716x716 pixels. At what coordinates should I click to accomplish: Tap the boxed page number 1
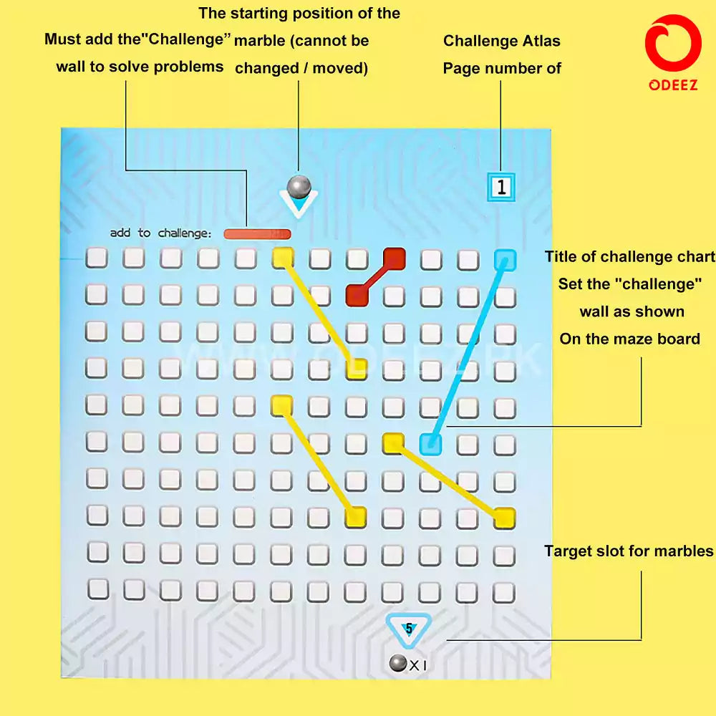[502, 187]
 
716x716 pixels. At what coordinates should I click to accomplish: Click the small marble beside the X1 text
[398, 664]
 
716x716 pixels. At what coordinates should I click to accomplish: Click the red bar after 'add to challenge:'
[257, 233]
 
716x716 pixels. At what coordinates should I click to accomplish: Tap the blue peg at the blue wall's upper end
[505, 259]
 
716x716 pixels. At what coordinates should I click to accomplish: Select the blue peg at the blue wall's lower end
[430, 445]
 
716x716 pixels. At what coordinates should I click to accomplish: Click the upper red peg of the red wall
[394, 258]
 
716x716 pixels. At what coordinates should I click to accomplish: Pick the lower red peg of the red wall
[357, 294]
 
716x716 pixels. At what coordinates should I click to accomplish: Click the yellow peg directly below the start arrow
[283, 258]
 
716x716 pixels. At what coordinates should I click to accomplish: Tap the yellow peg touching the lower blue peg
[393, 444]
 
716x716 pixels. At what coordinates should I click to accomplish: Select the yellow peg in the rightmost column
[504, 517]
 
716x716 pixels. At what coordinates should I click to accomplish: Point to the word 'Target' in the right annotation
[570, 551]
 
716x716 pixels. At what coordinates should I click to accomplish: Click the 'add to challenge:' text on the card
[161, 233]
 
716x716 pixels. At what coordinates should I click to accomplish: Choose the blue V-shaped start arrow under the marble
[299, 206]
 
